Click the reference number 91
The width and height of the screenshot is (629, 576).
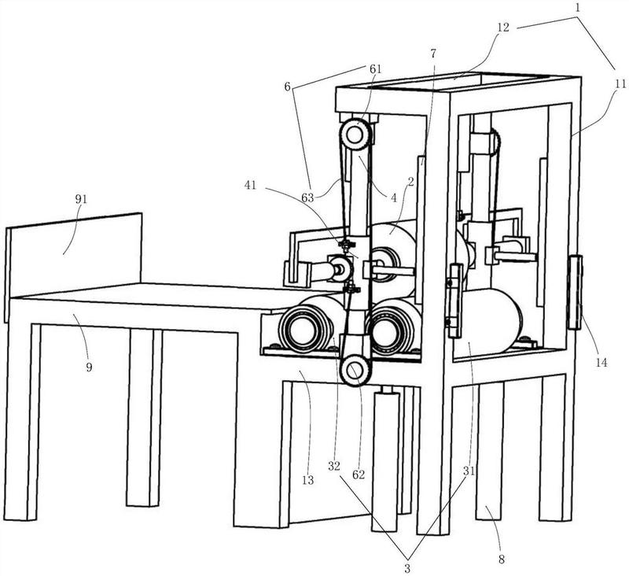tap(81, 200)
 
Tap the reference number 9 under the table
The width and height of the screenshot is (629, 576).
tap(89, 367)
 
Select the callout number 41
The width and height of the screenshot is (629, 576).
tap(251, 186)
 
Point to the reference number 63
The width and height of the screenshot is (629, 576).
tap(308, 198)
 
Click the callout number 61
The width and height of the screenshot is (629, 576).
tap(376, 69)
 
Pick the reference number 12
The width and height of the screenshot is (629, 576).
tap(503, 28)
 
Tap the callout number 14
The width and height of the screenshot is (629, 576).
tap(601, 363)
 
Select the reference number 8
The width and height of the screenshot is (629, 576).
tap(502, 559)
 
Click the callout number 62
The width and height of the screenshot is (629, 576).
tap(359, 474)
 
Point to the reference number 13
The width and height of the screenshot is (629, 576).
tap(308, 480)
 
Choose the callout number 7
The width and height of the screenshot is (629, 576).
tap(433, 53)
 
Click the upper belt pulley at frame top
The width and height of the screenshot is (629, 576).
tap(355, 135)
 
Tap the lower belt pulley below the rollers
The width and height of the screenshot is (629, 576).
tap(355, 370)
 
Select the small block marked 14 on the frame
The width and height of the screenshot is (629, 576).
tap(575, 292)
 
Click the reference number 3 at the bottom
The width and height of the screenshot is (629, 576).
tap(407, 568)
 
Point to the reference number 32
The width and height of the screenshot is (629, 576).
tap(333, 466)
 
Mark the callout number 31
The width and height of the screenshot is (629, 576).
tap(469, 471)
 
